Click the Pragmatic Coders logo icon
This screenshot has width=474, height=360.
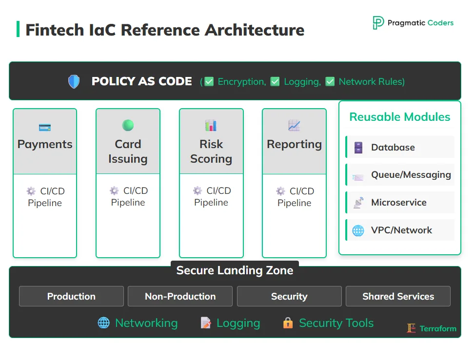click(378, 23)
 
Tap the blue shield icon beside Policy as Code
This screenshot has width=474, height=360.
click(74, 81)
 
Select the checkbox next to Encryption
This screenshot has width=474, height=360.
click(209, 82)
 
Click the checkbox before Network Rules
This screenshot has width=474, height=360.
click(330, 82)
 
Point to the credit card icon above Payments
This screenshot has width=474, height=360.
click(45, 127)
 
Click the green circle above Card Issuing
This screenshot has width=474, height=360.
click(128, 125)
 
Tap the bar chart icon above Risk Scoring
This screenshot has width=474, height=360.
click(211, 126)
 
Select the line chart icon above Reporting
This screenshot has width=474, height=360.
click(294, 126)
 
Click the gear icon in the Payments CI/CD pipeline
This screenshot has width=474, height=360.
click(31, 191)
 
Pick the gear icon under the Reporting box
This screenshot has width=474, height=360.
click(280, 191)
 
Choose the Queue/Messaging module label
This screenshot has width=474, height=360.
click(411, 175)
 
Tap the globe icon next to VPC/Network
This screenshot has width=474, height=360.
click(358, 230)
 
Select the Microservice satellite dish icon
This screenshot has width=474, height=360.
click(358, 203)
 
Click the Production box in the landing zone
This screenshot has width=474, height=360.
click(71, 296)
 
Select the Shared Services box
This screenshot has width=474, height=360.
click(398, 296)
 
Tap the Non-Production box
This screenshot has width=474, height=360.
click(180, 296)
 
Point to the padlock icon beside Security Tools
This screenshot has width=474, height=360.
click(288, 323)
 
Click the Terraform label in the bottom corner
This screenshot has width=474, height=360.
click(437, 328)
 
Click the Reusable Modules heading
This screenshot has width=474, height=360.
click(399, 117)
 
